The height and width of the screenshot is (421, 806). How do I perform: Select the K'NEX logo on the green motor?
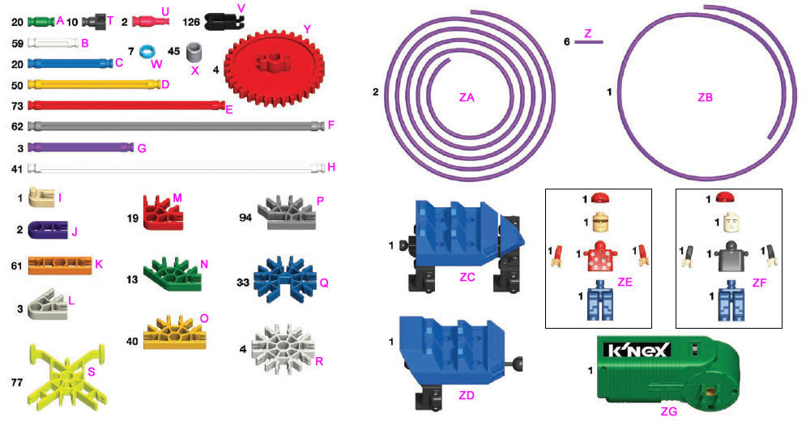pos(637,351)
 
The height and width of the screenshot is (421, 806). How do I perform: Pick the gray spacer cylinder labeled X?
pos(195,53)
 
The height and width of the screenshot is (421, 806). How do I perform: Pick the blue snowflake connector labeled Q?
pos(282,277)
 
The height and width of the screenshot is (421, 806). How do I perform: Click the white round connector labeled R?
pos(281,342)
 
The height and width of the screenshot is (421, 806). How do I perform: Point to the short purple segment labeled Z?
pos(588,41)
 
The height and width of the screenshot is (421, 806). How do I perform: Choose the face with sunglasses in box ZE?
pos(600,221)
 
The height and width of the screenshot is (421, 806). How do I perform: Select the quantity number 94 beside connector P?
pos(245,218)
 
